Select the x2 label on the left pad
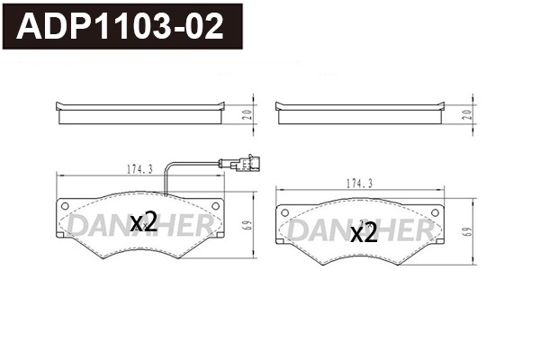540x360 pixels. pyautogui.click(x=144, y=222)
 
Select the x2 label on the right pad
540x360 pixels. pyautogui.click(x=363, y=233)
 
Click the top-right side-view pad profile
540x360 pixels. pyautogui.click(x=359, y=112)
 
